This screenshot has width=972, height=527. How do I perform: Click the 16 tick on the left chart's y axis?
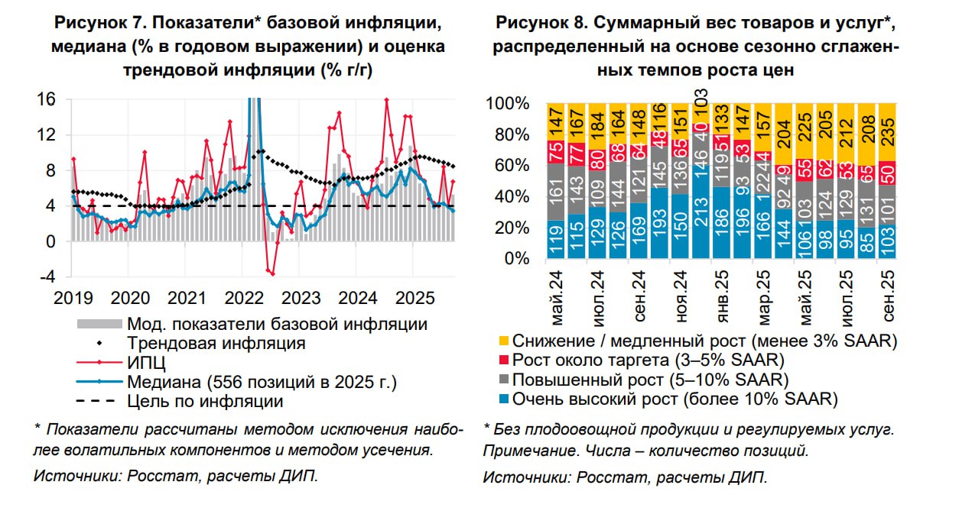(47, 99)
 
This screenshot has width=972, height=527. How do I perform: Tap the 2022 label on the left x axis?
(245, 297)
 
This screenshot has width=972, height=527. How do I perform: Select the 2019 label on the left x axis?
(73, 297)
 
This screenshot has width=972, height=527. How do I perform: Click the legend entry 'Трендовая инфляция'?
(216, 343)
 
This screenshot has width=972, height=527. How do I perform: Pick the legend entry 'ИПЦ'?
(144, 362)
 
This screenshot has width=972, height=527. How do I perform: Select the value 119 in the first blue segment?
(556, 238)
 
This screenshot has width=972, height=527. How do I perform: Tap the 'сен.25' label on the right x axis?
(889, 299)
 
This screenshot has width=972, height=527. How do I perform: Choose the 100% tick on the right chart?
(508, 103)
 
